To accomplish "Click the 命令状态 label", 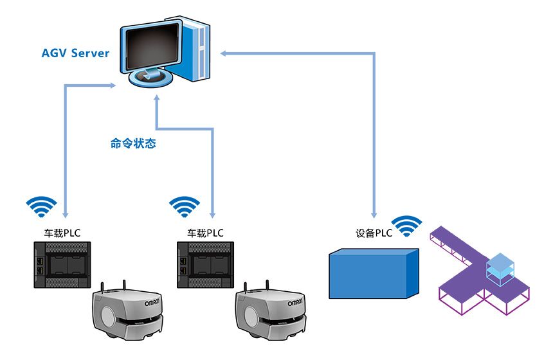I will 133,144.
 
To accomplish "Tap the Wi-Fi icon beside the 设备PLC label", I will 408,225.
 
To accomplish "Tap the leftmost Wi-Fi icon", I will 41,206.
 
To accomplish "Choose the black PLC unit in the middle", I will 205,264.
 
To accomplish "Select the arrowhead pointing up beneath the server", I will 156,101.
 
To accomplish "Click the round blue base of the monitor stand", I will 152,79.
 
